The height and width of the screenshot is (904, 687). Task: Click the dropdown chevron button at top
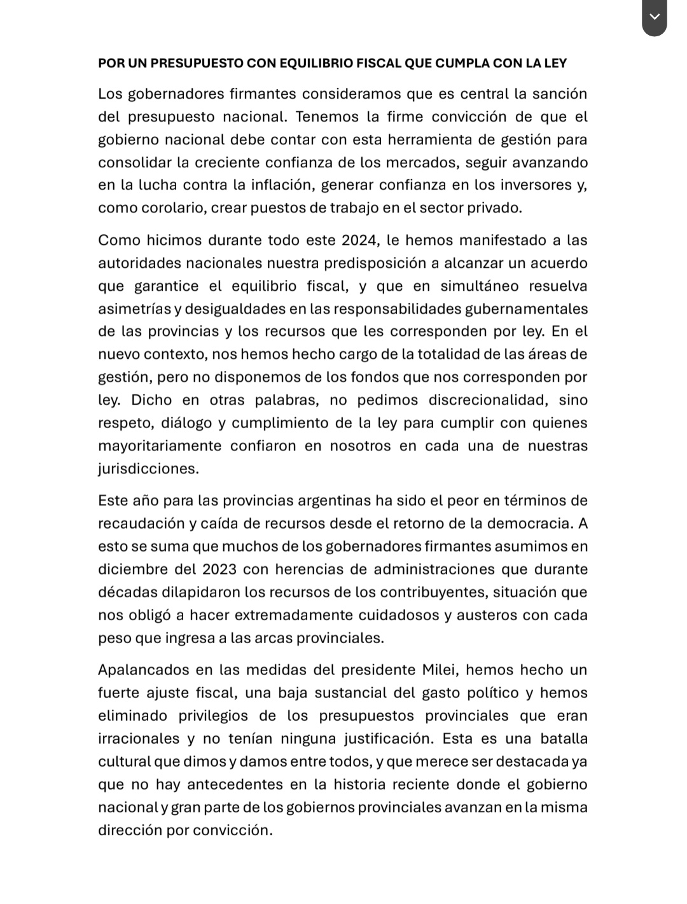click(655, 17)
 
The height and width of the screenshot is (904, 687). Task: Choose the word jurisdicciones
click(148, 469)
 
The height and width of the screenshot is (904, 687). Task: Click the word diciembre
click(132, 569)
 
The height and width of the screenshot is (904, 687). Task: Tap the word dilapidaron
click(202, 592)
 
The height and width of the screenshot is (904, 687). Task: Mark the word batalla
click(564, 739)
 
